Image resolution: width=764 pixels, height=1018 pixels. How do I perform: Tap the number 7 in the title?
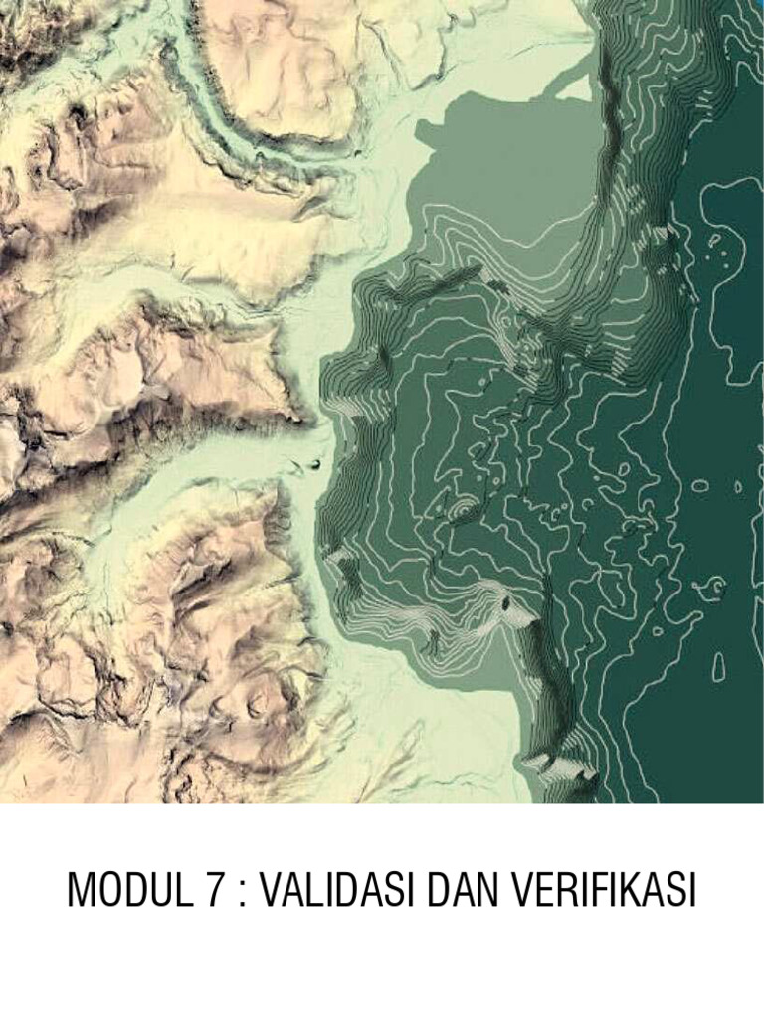click(216, 890)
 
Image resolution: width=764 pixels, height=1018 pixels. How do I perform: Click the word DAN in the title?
click(460, 890)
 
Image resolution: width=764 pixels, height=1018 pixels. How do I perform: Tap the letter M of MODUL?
click(80, 890)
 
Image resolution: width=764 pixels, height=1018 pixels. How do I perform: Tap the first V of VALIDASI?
click(271, 890)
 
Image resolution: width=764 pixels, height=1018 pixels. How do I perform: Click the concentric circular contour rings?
click(462, 509)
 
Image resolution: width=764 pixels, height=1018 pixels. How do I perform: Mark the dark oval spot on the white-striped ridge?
click(507, 600)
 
